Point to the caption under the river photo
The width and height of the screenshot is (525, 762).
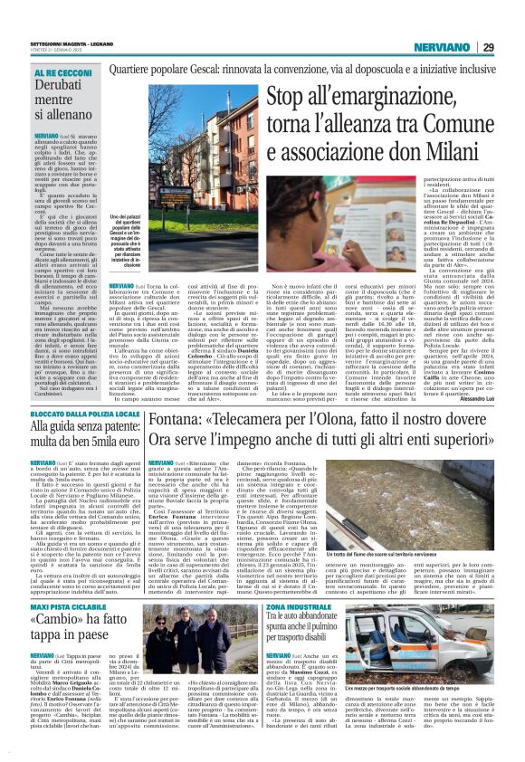pyautogui.click(x=440, y=528)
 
